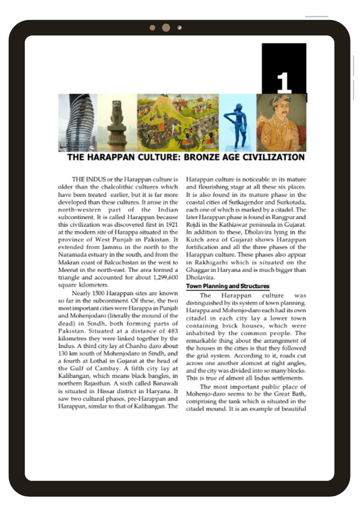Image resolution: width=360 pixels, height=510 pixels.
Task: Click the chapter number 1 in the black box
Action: [x=284, y=83]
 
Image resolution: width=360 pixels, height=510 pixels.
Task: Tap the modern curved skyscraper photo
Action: [x=77, y=123]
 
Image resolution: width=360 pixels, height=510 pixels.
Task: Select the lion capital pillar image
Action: [x=117, y=123]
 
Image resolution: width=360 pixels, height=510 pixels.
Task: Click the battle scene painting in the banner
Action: [x=178, y=123]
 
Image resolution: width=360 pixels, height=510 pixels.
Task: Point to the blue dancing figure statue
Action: [x=237, y=123]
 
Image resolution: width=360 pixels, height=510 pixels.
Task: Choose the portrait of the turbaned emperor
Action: [x=281, y=123]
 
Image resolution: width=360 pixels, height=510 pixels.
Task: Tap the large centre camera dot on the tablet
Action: [x=166, y=28]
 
